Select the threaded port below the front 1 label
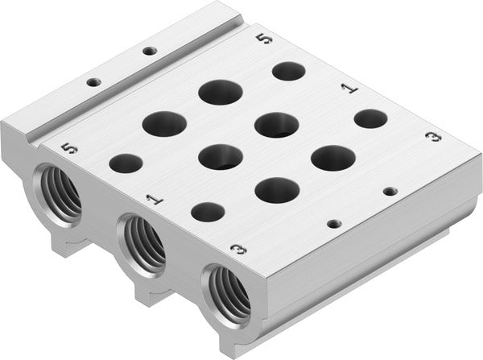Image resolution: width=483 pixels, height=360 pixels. (143, 242)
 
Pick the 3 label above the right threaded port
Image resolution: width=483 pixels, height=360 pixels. (237, 249)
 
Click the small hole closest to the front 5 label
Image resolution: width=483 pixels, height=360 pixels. (125, 164)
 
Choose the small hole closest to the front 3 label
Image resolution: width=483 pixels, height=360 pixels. (208, 212)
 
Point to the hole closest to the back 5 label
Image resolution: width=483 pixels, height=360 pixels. (288, 71)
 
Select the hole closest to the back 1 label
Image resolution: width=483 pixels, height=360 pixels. (370, 118)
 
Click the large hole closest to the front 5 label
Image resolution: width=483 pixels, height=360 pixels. (164, 123)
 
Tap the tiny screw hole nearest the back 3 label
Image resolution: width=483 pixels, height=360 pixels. (390, 191)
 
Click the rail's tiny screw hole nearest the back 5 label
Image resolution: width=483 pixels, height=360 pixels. (149, 51)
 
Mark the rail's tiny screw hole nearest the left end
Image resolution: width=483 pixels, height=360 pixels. (94, 81)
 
